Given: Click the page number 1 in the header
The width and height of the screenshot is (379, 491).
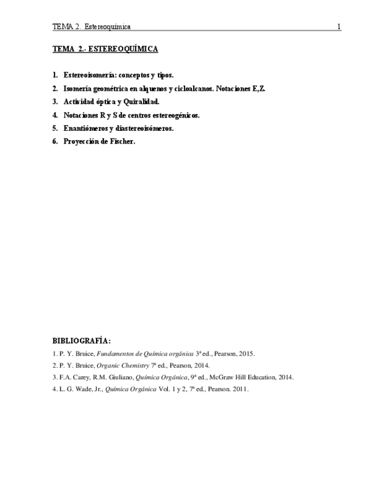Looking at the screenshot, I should click(x=339, y=27).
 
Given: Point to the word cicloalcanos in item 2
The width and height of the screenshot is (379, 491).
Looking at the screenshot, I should click(x=194, y=89).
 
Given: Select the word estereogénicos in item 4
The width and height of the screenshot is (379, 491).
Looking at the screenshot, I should click(x=175, y=115).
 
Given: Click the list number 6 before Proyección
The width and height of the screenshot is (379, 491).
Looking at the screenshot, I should click(x=55, y=142).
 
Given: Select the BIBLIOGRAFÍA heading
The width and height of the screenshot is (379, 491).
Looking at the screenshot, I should click(x=81, y=341).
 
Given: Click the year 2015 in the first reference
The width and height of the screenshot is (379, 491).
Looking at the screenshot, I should click(x=246, y=354).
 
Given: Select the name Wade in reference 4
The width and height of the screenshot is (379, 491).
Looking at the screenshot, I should click(x=76, y=389).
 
